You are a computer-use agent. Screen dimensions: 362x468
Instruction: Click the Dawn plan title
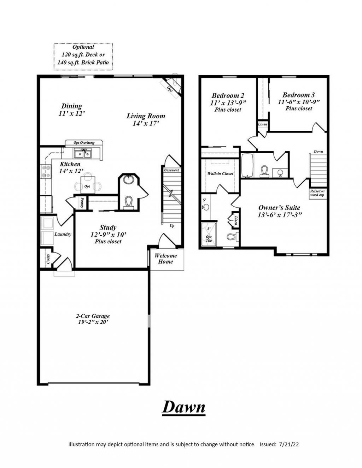tap(183, 407)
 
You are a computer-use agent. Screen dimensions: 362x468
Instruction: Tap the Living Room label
tap(146, 116)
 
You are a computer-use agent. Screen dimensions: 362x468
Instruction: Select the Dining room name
tap(71, 106)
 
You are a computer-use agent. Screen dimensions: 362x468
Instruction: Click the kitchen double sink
tap(83, 153)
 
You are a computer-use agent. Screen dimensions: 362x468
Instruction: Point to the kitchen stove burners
tap(46, 171)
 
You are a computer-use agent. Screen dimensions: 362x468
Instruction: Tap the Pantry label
tap(82, 202)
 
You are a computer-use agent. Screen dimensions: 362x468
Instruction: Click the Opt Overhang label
tap(84, 143)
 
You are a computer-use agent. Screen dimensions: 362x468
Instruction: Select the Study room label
tap(108, 227)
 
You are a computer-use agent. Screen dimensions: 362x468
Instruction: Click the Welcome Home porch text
tap(165, 259)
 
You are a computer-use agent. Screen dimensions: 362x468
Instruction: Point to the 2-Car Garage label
tap(93, 316)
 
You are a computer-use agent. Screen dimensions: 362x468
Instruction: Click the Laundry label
tap(63, 234)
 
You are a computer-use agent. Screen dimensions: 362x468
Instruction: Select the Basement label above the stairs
tap(171, 170)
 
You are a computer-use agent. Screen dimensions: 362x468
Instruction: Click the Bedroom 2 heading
tap(228, 95)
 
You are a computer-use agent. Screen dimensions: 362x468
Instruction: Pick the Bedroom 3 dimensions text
tap(299, 102)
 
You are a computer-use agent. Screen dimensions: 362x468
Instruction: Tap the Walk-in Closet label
tap(220, 173)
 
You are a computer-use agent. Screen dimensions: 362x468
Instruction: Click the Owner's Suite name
tap(279, 207)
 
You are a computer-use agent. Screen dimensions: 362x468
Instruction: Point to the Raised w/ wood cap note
tap(317, 193)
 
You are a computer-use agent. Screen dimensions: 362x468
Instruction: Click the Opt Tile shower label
tap(209, 239)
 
